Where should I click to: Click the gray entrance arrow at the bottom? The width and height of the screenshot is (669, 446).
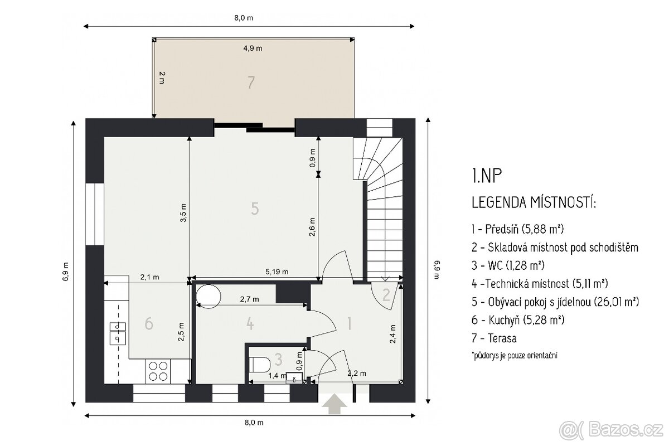[334, 404]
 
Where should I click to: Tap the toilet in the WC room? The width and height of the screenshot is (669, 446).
[260, 365]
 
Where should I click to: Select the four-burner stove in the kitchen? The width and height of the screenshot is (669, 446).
[158, 371]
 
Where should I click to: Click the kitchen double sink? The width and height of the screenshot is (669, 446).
[118, 333]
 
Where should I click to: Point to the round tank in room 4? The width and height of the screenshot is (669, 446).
[208, 297]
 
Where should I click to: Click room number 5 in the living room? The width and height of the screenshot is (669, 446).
[255, 209]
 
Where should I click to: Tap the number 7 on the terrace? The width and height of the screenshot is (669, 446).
[251, 83]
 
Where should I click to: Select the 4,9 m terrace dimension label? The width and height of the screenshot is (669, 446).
[253, 48]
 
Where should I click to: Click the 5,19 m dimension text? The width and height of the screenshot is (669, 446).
[277, 272]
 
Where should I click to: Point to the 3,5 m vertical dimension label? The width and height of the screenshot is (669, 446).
[183, 213]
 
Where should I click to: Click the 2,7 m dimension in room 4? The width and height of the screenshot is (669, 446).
[249, 299]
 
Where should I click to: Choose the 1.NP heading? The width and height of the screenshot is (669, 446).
[487, 176]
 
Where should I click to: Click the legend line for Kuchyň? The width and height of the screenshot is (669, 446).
[518, 320]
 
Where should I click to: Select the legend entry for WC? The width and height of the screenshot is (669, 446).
[508, 265]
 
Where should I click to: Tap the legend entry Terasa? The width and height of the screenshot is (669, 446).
[494, 338]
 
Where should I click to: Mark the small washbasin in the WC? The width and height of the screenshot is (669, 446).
[294, 377]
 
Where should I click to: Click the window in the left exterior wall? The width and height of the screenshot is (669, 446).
[95, 214]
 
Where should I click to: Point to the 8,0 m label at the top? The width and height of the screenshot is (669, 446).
[244, 18]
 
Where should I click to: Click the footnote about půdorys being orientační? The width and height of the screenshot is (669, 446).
[514, 356]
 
